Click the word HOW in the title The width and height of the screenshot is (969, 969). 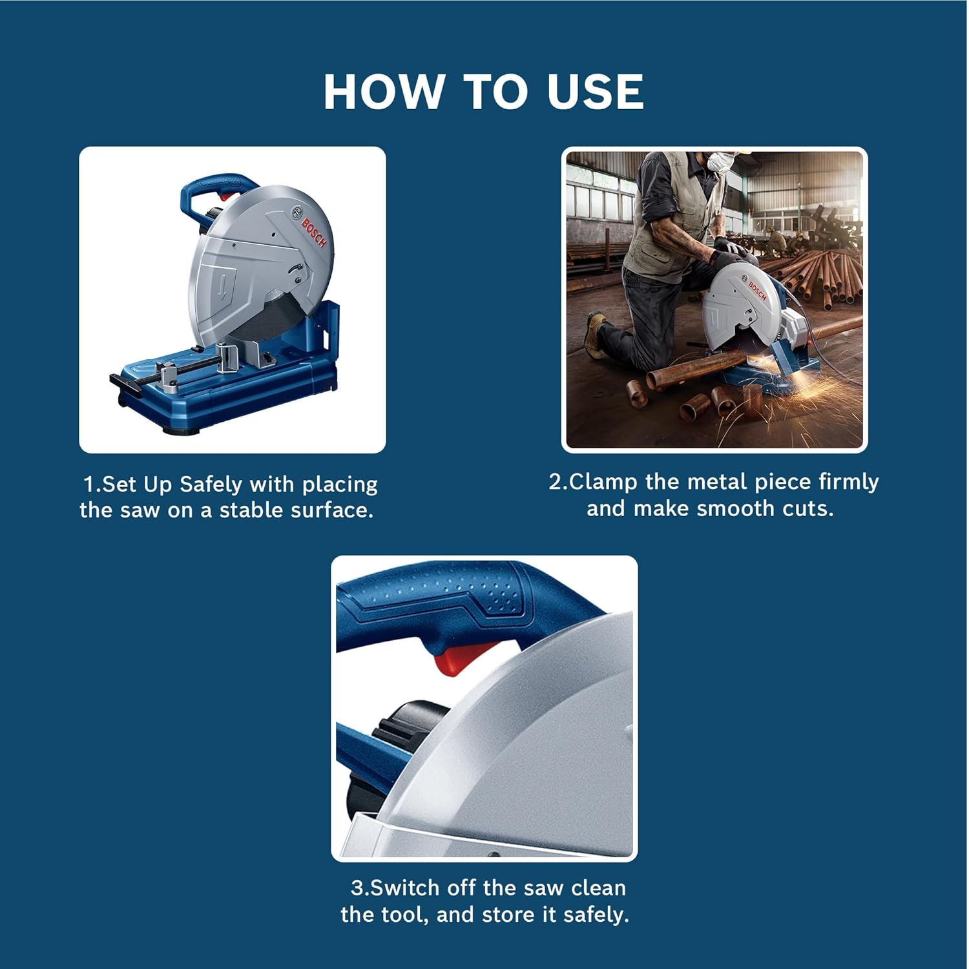click(x=382, y=91)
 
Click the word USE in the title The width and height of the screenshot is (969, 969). click(x=595, y=91)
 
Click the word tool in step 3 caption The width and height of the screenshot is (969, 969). click(x=406, y=915)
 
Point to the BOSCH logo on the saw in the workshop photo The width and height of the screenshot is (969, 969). click(x=757, y=291)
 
